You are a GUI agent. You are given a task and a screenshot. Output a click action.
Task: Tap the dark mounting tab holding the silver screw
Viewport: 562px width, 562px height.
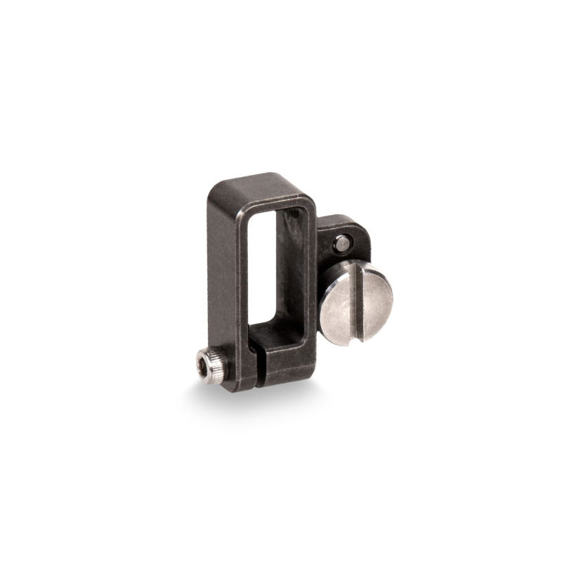coord(348,232)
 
